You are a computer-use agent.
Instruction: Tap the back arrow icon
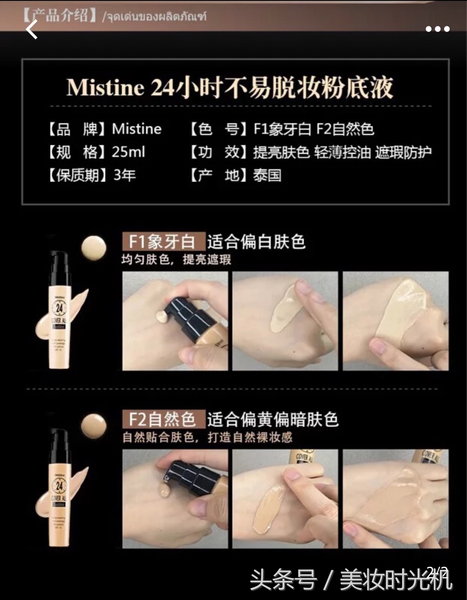pyautogui.click(x=32, y=29)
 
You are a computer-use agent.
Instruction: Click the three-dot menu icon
pyautogui.click(x=437, y=29)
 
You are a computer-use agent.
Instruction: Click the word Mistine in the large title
pyautogui.click(x=105, y=87)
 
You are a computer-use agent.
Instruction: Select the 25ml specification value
pyautogui.click(x=128, y=152)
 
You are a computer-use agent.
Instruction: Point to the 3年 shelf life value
pyautogui.click(x=125, y=175)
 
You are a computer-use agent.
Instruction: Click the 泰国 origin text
pyautogui.click(x=267, y=175)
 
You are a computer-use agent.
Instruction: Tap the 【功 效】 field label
pyautogui.click(x=218, y=152)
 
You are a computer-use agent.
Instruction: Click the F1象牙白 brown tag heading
pyautogui.click(x=163, y=242)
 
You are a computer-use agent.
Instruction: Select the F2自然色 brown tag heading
pyautogui.click(x=163, y=419)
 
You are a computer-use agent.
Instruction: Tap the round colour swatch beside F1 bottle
pyautogui.click(x=94, y=248)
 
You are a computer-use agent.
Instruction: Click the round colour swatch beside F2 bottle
pyautogui.click(x=94, y=426)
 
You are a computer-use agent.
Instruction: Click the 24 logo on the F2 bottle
pyautogui.click(x=59, y=486)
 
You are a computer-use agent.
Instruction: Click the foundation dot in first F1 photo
pyautogui.click(x=162, y=317)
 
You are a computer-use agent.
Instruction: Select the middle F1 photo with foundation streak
pyautogui.click(x=285, y=321)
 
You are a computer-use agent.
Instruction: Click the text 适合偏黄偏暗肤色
pyautogui.click(x=272, y=419)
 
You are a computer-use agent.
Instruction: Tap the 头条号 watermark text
pyautogui.click(x=283, y=580)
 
